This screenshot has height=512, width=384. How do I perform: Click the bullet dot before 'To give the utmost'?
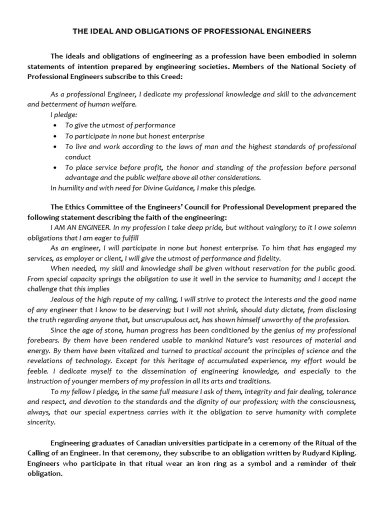click(x=54, y=125)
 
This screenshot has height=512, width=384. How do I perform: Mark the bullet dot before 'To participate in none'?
click(x=54, y=136)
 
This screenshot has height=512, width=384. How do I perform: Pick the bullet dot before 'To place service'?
click(x=54, y=167)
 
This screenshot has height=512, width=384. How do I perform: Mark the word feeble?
click(x=39, y=371)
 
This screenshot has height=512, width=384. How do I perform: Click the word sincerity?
click(x=41, y=422)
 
